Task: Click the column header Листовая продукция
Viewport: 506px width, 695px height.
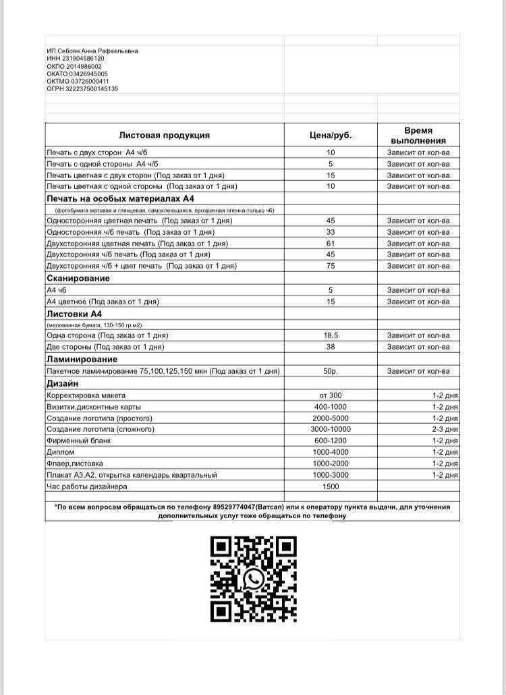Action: [165, 135]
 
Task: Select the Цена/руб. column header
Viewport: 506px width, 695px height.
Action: [331, 135]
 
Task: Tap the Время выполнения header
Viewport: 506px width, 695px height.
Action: [418, 135]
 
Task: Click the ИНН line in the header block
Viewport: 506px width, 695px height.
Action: [76, 59]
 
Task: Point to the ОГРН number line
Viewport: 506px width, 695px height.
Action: [82, 88]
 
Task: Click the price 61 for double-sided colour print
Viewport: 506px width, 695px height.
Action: [331, 243]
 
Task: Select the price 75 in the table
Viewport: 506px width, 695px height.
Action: [331, 266]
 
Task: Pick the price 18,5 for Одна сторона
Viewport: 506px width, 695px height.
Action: [331, 335]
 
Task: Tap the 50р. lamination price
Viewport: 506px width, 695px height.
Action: [331, 371]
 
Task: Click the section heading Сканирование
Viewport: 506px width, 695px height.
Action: [78, 278]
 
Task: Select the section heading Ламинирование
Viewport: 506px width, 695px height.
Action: [82, 360]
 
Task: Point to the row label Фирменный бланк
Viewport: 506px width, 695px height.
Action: [78, 441]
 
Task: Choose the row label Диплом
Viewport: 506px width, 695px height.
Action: [60, 452]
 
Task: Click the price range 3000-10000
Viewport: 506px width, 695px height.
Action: [331, 429]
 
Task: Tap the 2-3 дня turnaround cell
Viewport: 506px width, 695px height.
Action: [445, 429]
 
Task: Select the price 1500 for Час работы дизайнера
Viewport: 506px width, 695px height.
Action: [331, 486]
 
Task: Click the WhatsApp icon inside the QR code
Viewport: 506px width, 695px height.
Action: [254, 578]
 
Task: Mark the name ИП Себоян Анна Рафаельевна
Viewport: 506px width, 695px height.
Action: [92, 51]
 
